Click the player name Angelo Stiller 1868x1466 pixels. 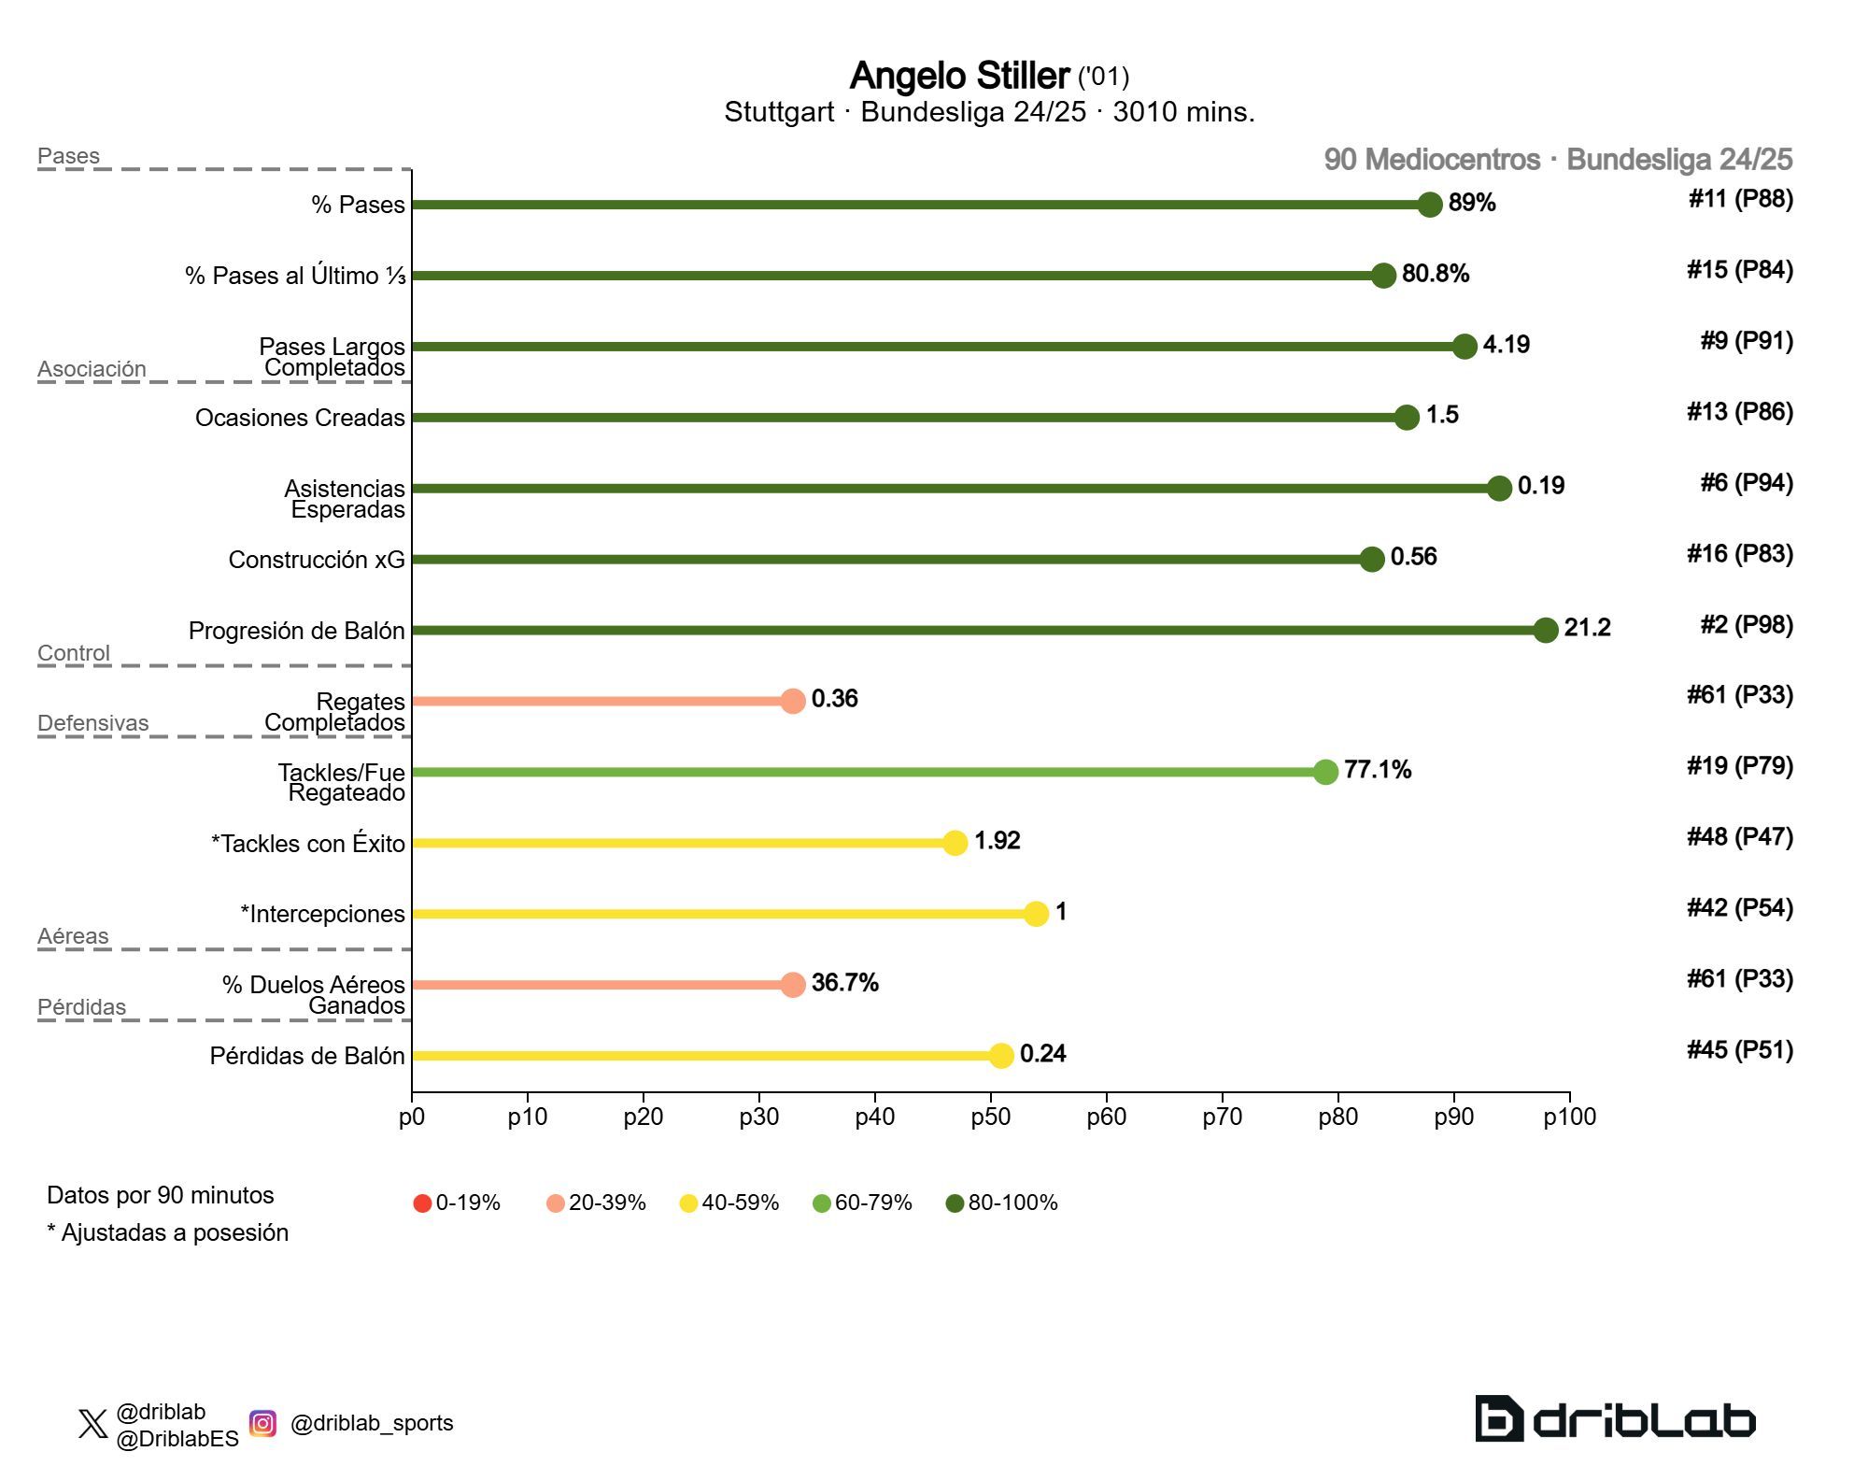(959, 76)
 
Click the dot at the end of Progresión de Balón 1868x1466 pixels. (1546, 630)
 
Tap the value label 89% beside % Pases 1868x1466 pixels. (1472, 203)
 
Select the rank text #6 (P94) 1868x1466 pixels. (1746, 483)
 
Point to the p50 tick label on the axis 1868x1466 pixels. (990, 1117)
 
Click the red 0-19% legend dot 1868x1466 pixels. (422, 1203)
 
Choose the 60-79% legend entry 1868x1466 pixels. (862, 1203)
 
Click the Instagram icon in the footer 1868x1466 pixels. (263, 1423)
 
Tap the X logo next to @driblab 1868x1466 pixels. (92, 1424)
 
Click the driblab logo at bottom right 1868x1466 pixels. (1615, 1419)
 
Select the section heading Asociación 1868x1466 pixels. (92, 369)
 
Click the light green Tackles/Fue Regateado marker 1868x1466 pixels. (1325, 772)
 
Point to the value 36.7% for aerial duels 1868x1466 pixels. (844, 983)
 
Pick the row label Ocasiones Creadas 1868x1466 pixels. (300, 418)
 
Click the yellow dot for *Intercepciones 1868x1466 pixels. (1036, 914)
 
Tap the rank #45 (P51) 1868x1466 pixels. (1739, 1050)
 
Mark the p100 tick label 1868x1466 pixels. (1569, 1117)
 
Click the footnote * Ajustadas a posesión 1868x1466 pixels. (168, 1232)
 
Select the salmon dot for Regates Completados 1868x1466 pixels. (793, 701)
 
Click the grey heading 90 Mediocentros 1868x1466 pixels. (1431, 160)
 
